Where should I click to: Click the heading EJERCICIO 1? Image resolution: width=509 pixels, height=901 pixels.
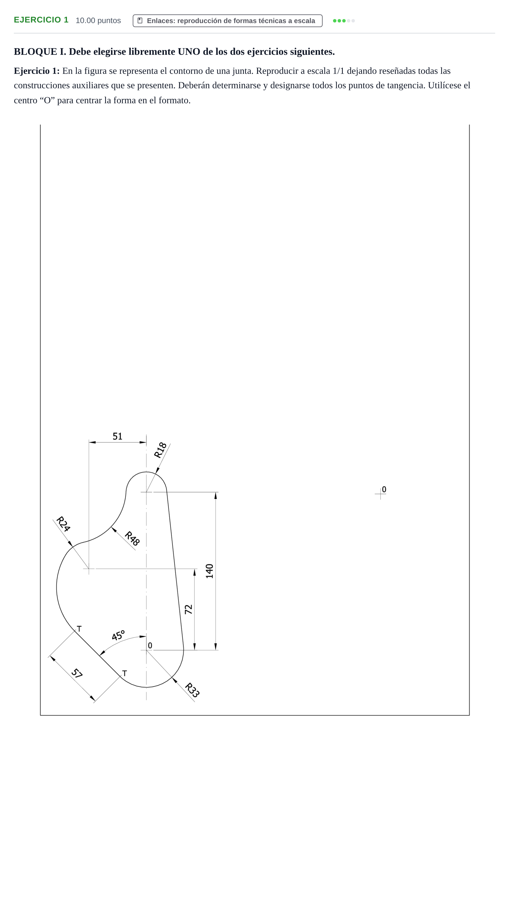pyautogui.click(x=41, y=20)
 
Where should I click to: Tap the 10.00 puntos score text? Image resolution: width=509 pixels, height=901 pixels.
pyautogui.click(x=98, y=21)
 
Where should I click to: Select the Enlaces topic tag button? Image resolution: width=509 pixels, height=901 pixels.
pyautogui.click(x=227, y=21)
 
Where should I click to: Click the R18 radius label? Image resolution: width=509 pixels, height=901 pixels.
pyautogui.click(x=160, y=450)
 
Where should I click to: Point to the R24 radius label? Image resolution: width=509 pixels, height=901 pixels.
pyautogui.click(x=63, y=524)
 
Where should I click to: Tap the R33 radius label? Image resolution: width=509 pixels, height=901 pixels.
pyautogui.click(x=192, y=690)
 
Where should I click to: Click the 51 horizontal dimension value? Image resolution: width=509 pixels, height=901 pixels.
pyautogui.click(x=117, y=436)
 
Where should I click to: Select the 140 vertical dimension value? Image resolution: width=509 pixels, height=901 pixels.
pyautogui.click(x=209, y=571)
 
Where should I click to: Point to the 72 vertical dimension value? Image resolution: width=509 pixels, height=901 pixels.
pyautogui.click(x=188, y=609)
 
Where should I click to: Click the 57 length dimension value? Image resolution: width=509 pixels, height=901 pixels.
pyautogui.click(x=77, y=673)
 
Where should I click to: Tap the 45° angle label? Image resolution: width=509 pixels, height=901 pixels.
pyautogui.click(x=118, y=635)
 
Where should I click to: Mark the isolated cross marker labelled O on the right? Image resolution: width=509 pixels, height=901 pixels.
pyautogui.click(x=380, y=494)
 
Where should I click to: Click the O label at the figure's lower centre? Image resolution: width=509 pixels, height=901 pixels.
pyautogui.click(x=150, y=646)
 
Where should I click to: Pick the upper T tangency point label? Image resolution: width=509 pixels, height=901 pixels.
pyautogui.click(x=79, y=629)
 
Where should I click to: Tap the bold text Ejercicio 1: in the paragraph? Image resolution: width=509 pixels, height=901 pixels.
pyautogui.click(x=37, y=71)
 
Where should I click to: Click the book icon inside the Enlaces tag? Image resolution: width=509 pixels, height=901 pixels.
pyautogui.click(x=140, y=21)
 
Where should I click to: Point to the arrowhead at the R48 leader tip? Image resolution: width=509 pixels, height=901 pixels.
pyautogui.click(x=114, y=530)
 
